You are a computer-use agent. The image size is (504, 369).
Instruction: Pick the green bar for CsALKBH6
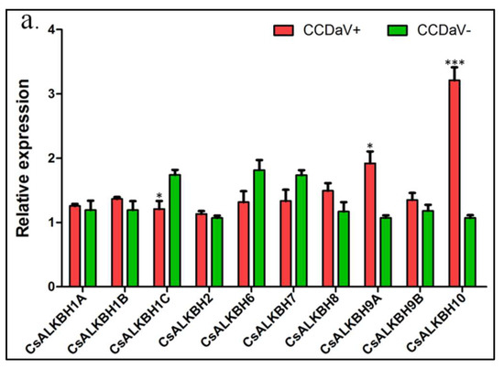259,228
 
